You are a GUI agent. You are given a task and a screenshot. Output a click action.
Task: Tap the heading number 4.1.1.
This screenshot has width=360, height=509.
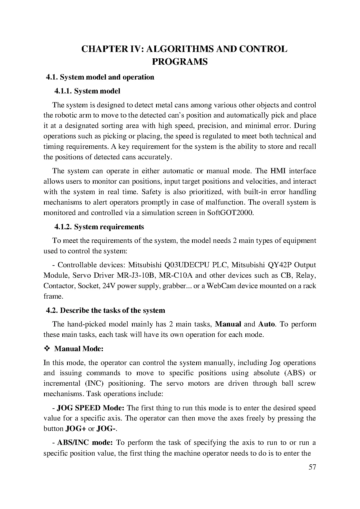tap(63, 91)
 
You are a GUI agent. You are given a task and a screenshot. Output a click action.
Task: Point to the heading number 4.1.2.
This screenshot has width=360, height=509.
tap(63, 227)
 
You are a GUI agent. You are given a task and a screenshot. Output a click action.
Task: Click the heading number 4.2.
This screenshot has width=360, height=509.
tap(52, 311)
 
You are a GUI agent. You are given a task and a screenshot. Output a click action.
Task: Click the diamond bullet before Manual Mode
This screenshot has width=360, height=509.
tap(47, 349)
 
